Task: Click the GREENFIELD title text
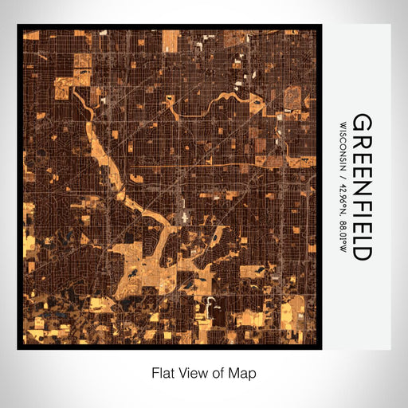pos(361,186)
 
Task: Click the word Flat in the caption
pos(163,372)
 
